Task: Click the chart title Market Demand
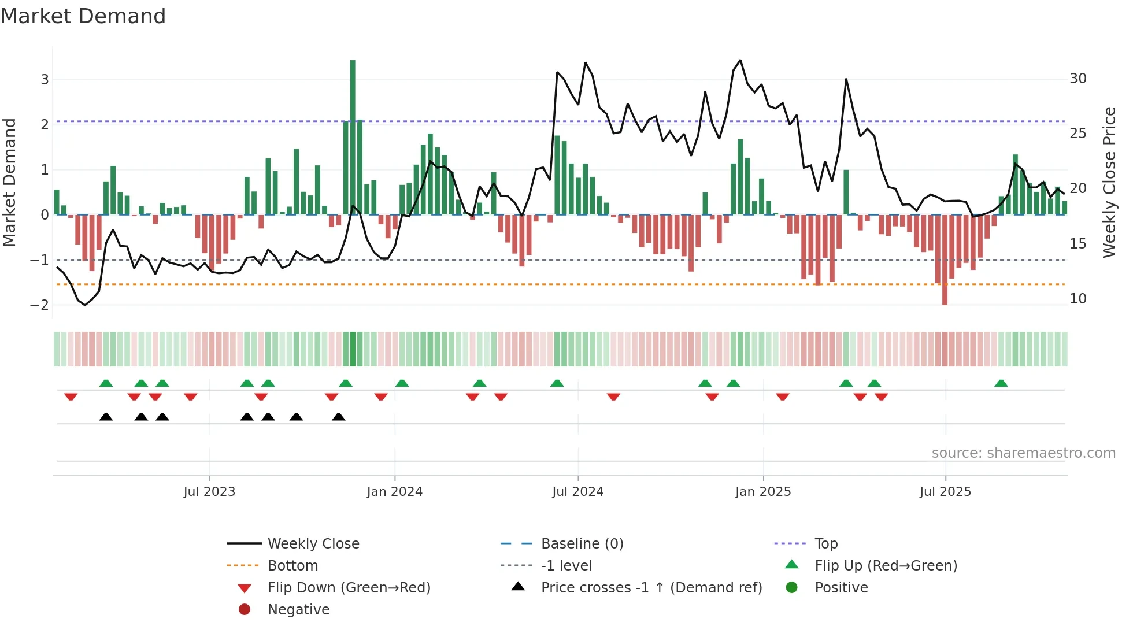[83, 16]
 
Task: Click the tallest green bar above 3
[353, 137]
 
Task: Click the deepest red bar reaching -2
[945, 260]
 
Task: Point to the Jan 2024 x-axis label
[394, 492]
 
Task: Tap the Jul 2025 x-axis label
[945, 492]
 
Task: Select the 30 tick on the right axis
[1078, 79]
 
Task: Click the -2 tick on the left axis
[40, 305]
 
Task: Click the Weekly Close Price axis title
[1109, 182]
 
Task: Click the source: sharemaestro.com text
[1023, 453]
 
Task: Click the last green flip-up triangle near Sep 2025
[1001, 383]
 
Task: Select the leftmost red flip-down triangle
[71, 397]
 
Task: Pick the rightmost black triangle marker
[339, 417]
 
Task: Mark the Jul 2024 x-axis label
[577, 492]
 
